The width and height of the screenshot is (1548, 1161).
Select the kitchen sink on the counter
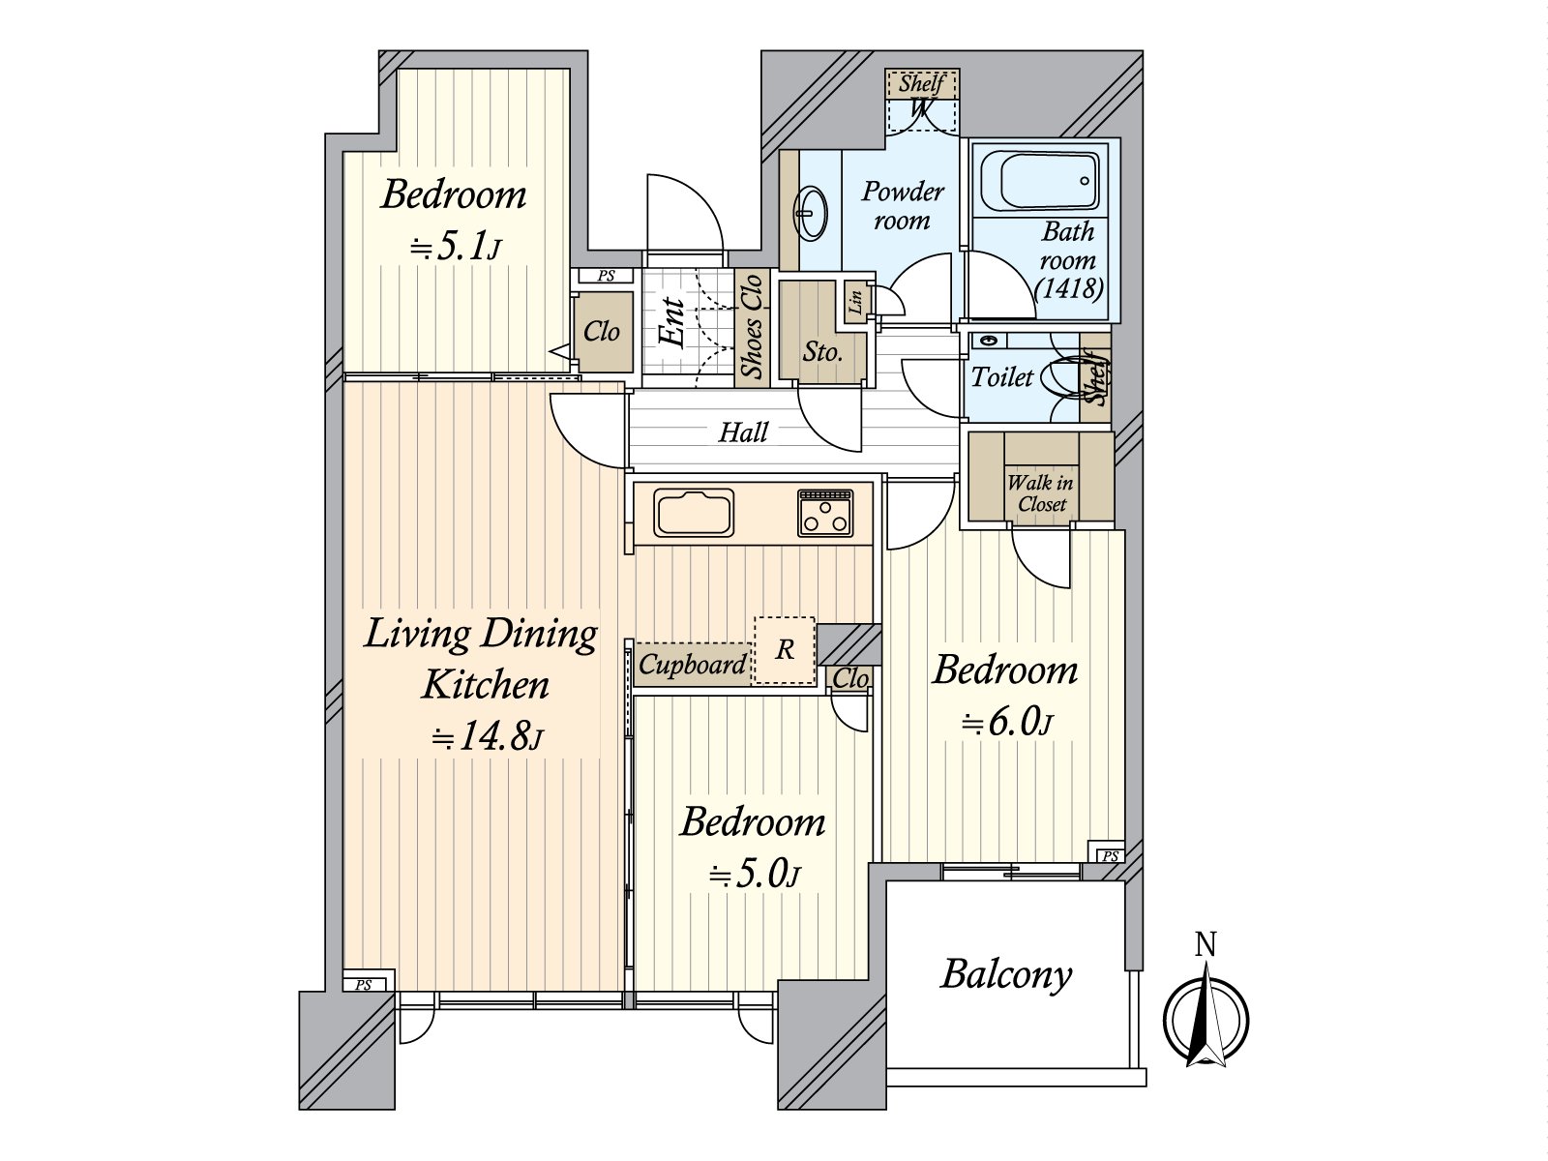(x=694, y=513)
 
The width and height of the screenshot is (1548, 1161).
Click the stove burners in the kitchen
(x=825, y=513)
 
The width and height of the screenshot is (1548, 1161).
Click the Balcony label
(x=1006, y=974)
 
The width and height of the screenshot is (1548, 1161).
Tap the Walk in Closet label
(x=1041, y=493)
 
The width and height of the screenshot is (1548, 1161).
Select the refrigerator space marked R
(x=785, y=650)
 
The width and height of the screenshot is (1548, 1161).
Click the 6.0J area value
(x=1006, y=722)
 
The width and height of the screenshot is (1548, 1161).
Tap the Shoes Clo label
(x=752, y=327)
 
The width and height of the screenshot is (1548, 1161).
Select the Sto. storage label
(x=822, y=352)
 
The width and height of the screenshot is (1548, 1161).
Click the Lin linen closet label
(x=855, y=302)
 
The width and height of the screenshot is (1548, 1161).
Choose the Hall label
(x=743, y=432)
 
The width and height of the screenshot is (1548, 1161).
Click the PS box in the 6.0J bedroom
(x=1109, y=855)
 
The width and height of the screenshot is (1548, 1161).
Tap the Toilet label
(x=1001, y=377)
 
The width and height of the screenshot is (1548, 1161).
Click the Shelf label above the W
(x=921, y=83)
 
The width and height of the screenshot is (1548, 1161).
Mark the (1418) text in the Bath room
(x=1068, y=288)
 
